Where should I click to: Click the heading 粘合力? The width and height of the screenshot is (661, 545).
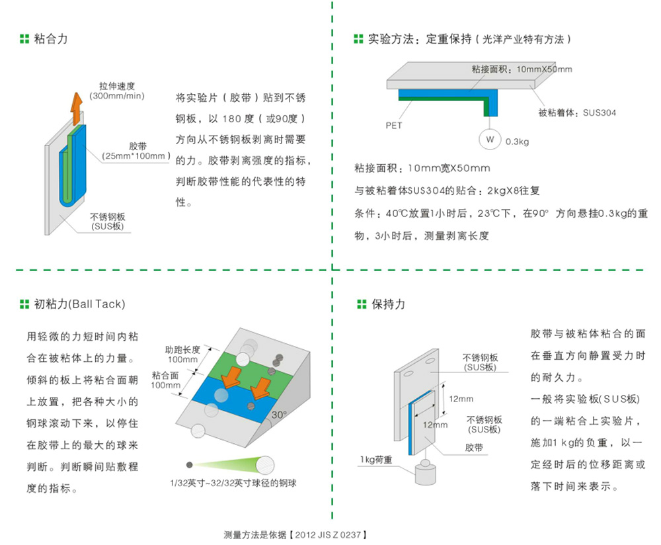tap(51, 39)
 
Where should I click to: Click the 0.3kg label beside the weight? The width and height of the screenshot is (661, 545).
tap(517, 141)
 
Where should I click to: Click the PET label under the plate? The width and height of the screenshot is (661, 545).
tap(394, 124)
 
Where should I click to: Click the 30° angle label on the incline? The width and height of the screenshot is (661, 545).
tap(279, 415)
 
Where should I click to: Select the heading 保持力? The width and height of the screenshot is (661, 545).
tap(389, 304)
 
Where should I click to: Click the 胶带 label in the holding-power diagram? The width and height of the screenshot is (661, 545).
tap(473, 448)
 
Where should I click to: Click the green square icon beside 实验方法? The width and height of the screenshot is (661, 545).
tap(358, 40)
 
